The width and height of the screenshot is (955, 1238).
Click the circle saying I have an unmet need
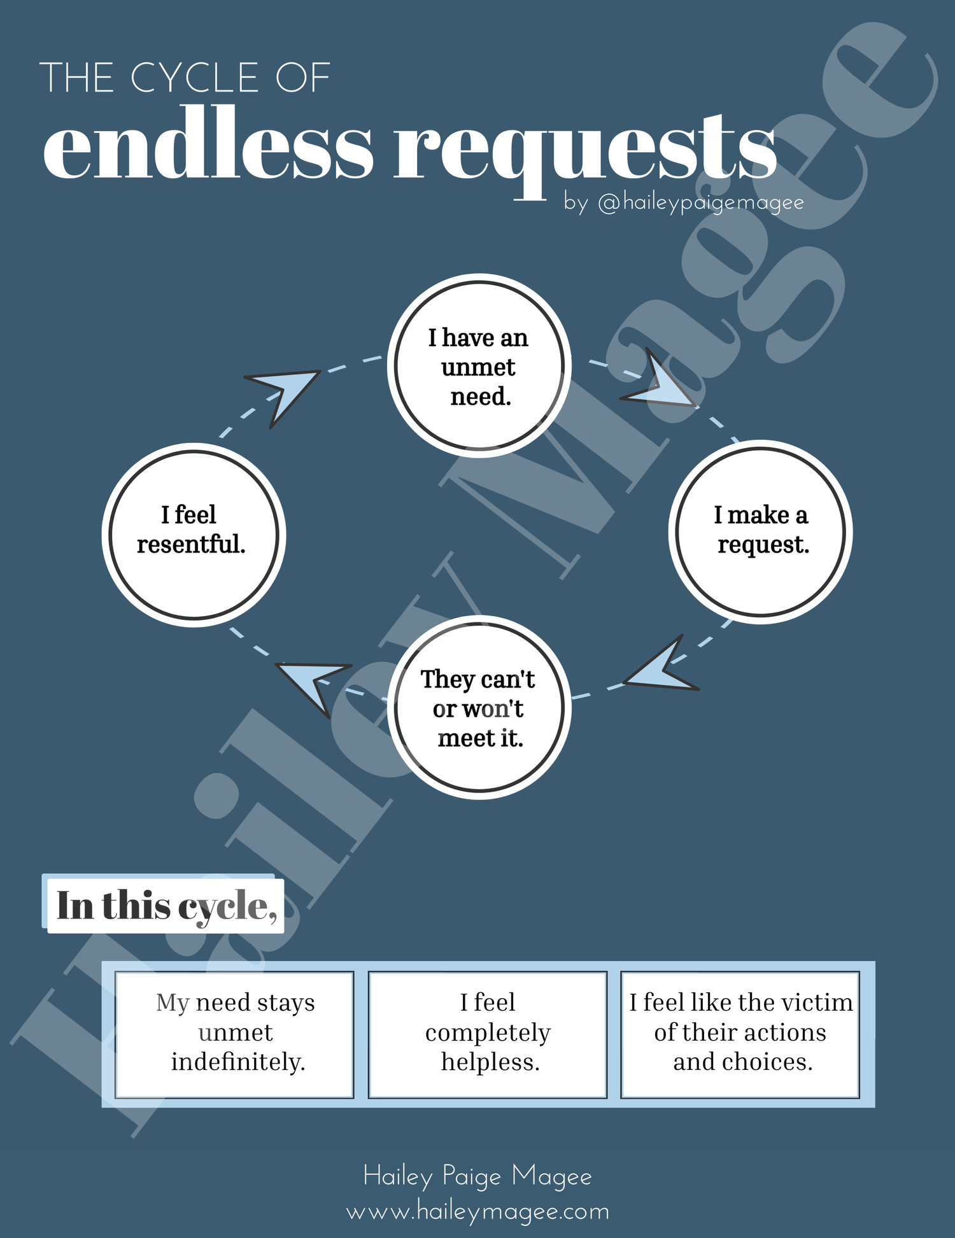479,366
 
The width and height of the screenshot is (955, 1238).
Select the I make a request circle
760,531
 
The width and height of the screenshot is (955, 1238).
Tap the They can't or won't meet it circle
479,707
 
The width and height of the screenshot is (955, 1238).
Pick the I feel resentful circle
194,535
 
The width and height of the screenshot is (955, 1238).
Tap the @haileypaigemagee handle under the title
700,203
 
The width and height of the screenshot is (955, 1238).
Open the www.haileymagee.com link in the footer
478,1211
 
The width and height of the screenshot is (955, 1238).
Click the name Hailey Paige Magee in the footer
478,1176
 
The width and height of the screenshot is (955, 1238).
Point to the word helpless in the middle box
490,1062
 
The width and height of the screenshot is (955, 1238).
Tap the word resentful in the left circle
191,545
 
